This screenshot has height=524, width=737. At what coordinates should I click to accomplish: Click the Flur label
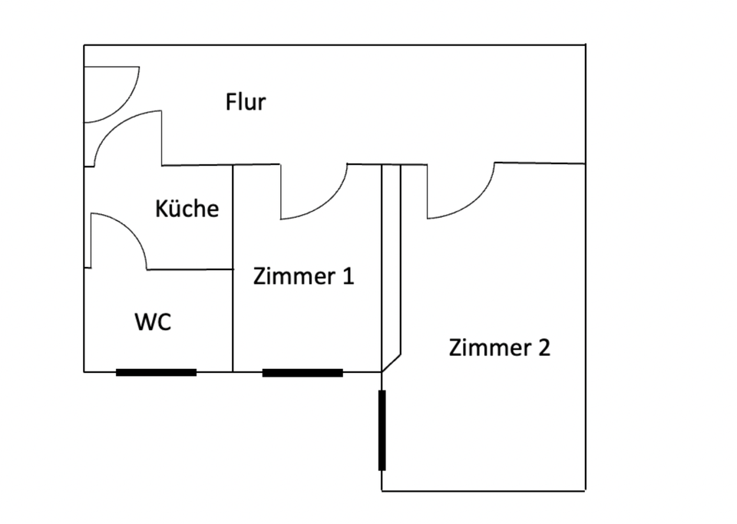[246, 102]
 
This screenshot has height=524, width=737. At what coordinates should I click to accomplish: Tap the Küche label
[187, 208]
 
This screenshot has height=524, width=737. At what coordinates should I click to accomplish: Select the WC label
[153, 322]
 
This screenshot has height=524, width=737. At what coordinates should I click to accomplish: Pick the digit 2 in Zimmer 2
[543, 348]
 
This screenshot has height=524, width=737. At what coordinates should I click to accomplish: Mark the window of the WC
[156, 372]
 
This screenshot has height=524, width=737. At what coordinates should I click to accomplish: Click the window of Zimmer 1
[302, 372]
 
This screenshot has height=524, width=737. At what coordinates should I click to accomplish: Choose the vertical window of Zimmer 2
[382, 430]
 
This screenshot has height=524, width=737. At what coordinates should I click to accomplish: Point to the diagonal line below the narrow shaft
[392, 363]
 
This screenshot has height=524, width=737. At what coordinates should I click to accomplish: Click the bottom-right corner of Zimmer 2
[585, 490]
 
